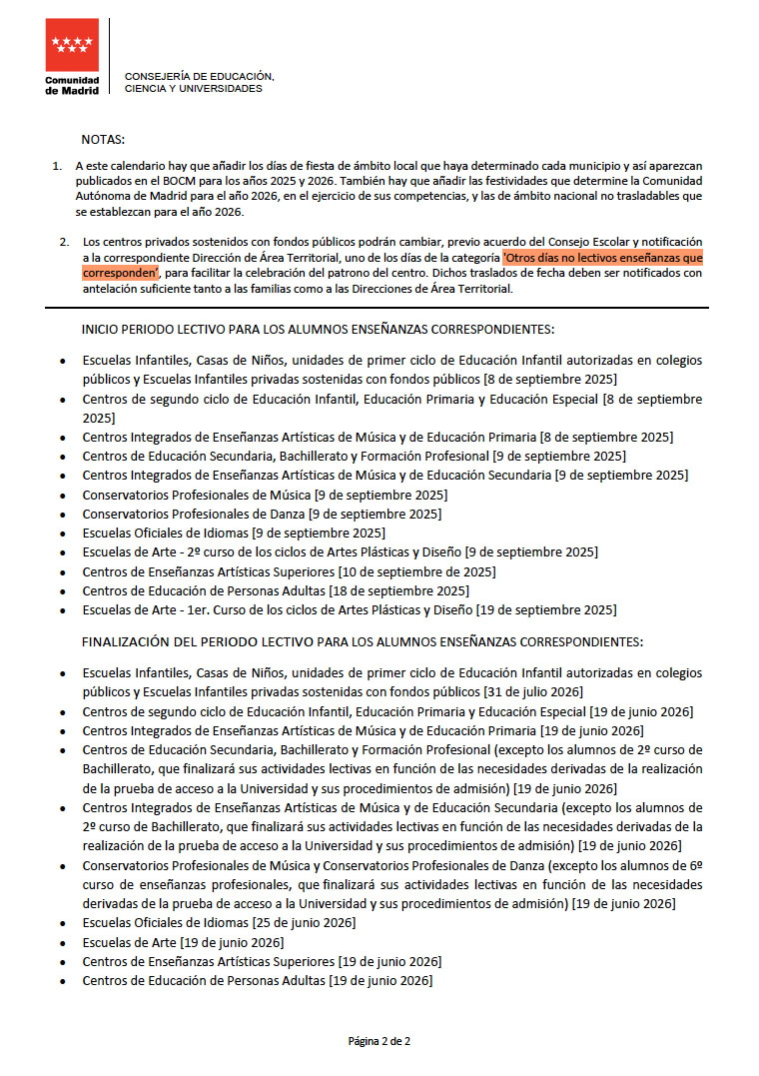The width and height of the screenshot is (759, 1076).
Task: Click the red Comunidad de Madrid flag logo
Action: tap(72, 45)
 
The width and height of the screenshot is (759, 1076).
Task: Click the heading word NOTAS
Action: tap(103, 139)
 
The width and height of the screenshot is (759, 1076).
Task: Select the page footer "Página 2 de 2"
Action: tap(379, 1041)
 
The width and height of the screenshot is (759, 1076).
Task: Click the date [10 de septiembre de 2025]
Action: tap(417, 571)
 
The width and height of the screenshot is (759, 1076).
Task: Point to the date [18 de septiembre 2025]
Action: tap(398, 590)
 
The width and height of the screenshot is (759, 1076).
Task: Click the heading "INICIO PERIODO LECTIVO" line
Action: tap(318, 329)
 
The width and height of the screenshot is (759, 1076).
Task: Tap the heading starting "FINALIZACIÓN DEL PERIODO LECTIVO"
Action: tap(363, 641)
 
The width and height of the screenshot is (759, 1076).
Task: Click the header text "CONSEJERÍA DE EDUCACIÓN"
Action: tap(199, 76)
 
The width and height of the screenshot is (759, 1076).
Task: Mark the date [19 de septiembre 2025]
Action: tap(546, 609)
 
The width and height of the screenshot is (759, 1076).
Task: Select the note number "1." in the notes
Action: tap(58, 165)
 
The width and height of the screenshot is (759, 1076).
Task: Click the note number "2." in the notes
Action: tap(64, 242)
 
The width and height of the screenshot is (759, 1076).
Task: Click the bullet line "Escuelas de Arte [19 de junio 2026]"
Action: tap(183, 942)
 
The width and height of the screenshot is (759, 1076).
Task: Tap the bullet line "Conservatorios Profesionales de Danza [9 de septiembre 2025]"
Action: tap(262, 514)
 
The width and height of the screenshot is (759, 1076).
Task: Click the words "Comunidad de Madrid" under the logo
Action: tap(72, 85)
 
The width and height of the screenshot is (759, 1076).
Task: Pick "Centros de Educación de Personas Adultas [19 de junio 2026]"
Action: tap(258, 980)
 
